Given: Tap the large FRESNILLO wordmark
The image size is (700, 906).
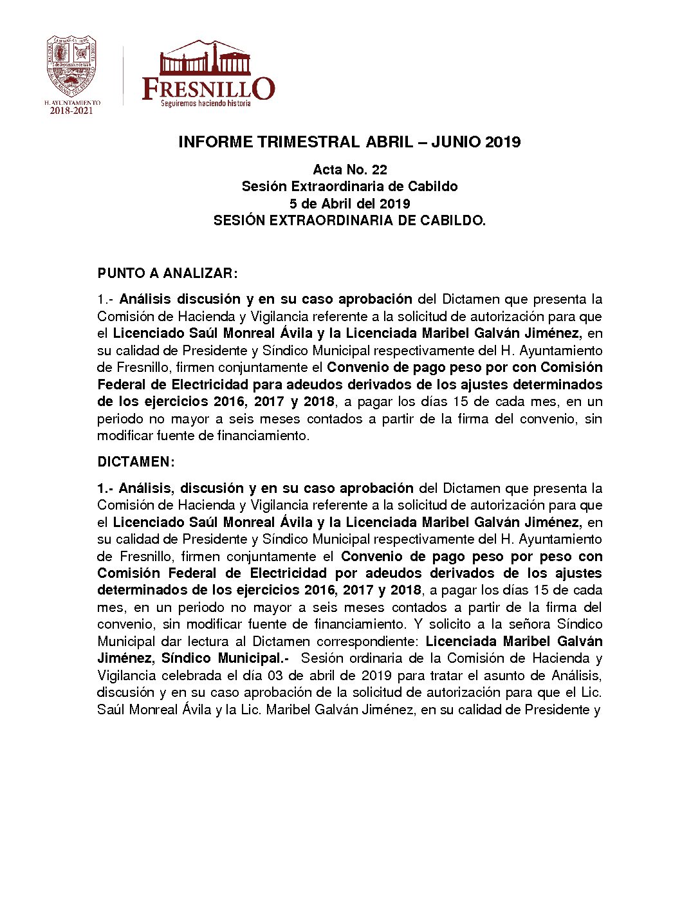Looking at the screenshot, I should (x=208, y=88).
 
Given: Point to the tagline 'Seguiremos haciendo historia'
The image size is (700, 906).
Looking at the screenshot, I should (x=205, y=104).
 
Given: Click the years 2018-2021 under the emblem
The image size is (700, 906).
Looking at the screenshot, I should (x=71, y=111).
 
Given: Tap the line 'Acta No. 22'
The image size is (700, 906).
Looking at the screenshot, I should (x=349, y=170).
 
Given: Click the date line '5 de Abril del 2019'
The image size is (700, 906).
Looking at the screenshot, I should (x=349, y=204).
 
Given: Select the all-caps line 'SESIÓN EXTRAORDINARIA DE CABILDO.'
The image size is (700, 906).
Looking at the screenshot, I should (x=349, y=221).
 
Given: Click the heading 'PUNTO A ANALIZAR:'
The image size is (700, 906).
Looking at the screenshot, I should (x=167, y=273).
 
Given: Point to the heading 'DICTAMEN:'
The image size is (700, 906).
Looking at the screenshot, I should (x=136, y=462).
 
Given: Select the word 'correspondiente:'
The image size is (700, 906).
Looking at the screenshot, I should (x=367, y=642).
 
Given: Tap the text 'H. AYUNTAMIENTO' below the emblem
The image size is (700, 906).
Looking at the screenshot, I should (x=72, y=102).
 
